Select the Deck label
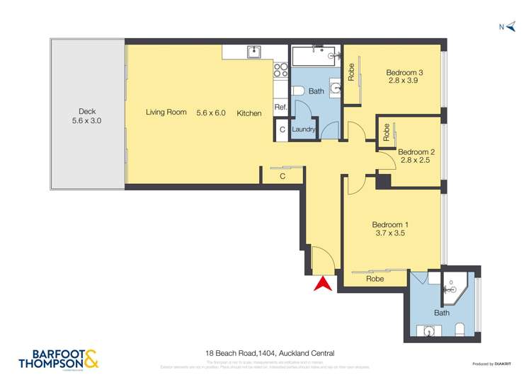coord(87,111)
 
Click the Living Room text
coord(166,112)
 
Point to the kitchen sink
coord(253,52)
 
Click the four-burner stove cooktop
coord(280,69)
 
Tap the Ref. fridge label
coord(280,108)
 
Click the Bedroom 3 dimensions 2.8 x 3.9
coord(404,81)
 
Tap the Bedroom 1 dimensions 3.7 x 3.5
coord(390,233)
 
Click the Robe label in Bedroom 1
coord(375,279)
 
